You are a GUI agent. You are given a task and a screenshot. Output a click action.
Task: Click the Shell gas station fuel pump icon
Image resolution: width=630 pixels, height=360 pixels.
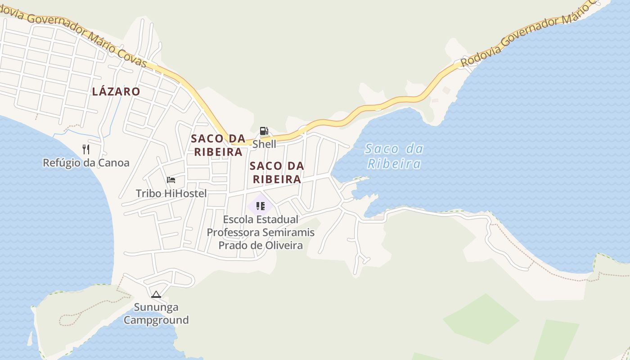[x=264, y=131]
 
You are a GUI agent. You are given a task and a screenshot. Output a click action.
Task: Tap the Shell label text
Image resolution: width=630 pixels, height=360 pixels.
[x=264, y=144]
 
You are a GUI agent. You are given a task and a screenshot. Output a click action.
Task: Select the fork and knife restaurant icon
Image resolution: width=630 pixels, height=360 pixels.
[x=86, y=149]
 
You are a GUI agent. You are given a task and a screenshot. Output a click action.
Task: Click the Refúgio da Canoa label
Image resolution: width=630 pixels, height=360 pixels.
[x=86, y=163]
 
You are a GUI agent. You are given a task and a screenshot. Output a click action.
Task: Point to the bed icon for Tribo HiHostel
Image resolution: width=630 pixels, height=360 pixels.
[x=171, y=180]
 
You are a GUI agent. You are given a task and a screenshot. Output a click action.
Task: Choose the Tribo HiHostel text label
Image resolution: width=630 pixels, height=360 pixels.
[x=171, y=193]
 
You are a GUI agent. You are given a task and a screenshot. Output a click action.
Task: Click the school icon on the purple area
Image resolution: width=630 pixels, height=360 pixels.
[x=260, y=206]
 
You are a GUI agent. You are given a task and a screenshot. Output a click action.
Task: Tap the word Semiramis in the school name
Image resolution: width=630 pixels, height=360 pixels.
[x=288, y=233]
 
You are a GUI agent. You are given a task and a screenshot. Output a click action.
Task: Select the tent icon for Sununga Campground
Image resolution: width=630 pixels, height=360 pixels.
[x=156, y=295]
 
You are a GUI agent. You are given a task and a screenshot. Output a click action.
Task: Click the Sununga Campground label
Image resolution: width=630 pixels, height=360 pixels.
[x=156, y=314]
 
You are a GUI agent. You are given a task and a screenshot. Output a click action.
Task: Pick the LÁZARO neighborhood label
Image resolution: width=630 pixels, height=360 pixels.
[x=116, y=92]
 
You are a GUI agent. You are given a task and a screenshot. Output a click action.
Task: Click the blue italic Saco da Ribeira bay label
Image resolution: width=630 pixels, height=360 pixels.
[x=394, y=156]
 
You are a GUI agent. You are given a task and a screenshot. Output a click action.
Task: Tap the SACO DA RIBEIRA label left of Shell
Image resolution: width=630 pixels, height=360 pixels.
[x=218, y=145]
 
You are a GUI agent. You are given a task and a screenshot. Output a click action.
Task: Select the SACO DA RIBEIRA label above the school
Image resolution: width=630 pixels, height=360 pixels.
[x=277, y=172]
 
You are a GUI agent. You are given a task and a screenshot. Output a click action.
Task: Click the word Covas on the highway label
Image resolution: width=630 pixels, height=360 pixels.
[x=133, y=57]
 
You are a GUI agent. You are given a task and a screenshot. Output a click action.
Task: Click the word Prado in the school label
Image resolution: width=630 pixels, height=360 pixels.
[x=232, y=245]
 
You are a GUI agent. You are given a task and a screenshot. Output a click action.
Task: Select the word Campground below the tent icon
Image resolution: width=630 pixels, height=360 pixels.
[x=156, y=320]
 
